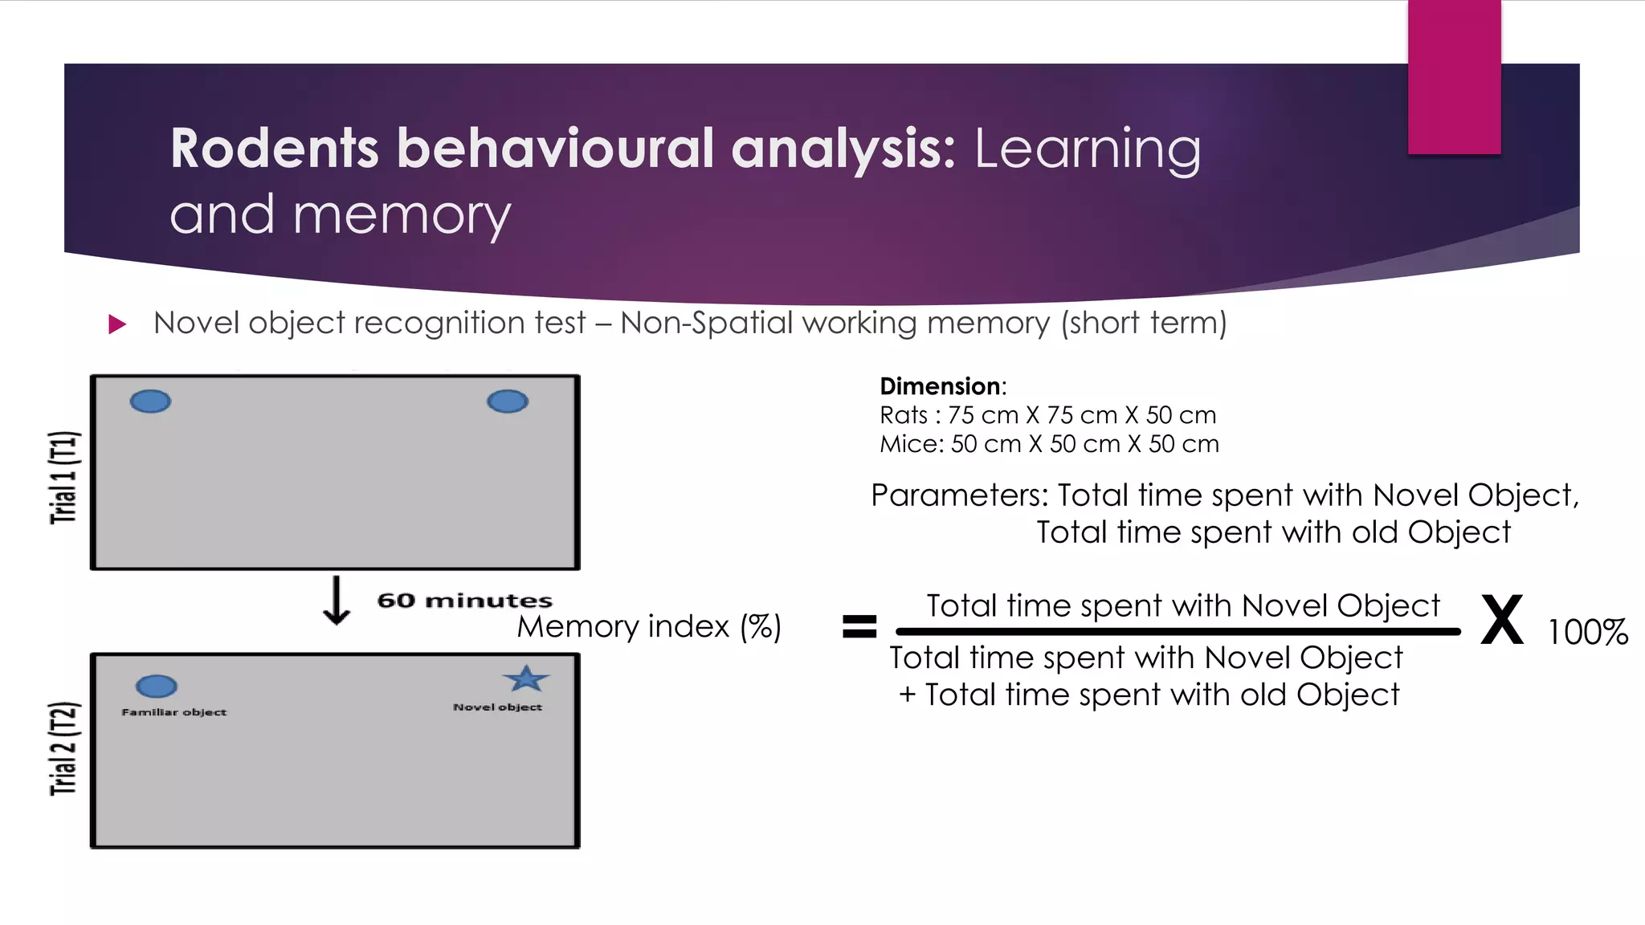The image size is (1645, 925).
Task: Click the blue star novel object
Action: pyautogui.click(x=526, y=679)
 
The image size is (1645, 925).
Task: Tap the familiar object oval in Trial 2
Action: pyautogui.click(x=157, y=686)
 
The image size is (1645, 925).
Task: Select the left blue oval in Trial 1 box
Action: pyautogui.click(x=150, y=401)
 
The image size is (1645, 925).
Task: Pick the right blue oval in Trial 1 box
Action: pyautogui.click(x=508, y=401)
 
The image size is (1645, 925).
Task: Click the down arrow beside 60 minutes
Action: pyautogui.click(x=337, y=601)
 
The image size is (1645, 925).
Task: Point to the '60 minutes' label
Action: pyautogui.click(x=464, y=601)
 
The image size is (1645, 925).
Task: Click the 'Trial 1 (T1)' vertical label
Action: pyautogui.click(x=64, y=477)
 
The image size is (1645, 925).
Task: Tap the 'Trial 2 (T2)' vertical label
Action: pyautogui.click(x=64, y=748)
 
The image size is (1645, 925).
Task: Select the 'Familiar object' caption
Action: pyautogui.click(x=174, y=712)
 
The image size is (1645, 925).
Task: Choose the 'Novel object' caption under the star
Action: pyautogui.click(x=497, y=707)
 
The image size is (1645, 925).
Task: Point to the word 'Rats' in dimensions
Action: pyautogui.click(x=904, y=415)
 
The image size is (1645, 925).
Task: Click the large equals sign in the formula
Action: pyautogui.click(x=859, y=625)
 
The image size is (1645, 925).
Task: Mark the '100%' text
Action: pyautogui.click(x=1587, y=633)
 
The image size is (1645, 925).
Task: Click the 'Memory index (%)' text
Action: pyautogui.click(x=649, y=626)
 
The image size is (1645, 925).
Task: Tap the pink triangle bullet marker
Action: pyautogui.click(x=117, y=324)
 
